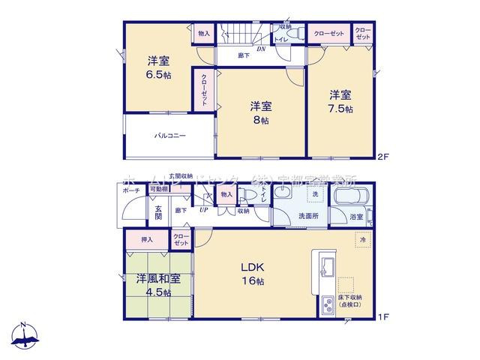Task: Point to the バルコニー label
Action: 170,136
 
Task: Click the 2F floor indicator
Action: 384,157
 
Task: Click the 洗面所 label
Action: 306,216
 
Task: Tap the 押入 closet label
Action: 147,240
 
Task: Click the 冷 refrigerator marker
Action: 361,239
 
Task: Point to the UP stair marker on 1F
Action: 203,209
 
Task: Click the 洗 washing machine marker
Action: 314,194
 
